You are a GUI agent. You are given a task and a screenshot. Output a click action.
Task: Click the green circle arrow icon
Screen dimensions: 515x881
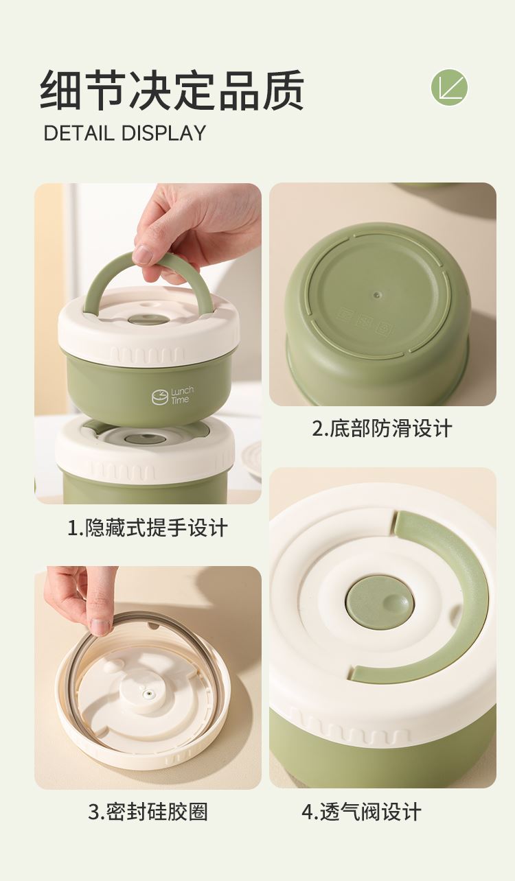[449, 87]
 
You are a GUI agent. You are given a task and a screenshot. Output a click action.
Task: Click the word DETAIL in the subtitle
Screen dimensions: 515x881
[79, 133]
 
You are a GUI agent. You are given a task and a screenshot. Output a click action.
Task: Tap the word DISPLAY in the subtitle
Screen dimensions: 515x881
[163, 133]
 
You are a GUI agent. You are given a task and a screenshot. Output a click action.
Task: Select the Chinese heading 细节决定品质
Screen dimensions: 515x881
[172, 90]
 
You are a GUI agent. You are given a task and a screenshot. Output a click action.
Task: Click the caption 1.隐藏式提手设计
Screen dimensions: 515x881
[148, 528]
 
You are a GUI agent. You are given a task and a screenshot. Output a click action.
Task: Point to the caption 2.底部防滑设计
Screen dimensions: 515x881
[382, 428]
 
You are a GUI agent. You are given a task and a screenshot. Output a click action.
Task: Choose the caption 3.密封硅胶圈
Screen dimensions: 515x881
[148, 812]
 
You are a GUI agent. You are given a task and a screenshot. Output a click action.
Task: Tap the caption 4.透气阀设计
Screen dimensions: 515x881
[361, 812]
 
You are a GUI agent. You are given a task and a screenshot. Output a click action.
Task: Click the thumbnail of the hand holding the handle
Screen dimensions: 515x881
[148, 343]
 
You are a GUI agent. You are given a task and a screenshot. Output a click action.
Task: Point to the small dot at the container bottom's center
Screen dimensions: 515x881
[378, 294]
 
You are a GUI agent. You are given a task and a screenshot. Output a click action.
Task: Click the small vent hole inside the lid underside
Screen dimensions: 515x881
[148, 694]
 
